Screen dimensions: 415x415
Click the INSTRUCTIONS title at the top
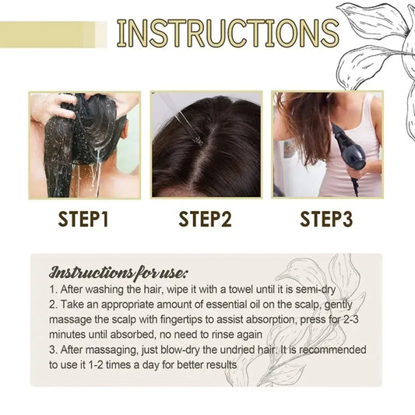pos(227,33)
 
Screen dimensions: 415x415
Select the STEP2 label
pos(206,219)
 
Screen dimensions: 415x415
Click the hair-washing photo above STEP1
pos(84,145)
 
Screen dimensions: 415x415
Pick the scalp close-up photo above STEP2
pos(206,145)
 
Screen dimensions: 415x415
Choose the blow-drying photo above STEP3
pos(327,145)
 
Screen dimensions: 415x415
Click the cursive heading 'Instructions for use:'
pos(118,272)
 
